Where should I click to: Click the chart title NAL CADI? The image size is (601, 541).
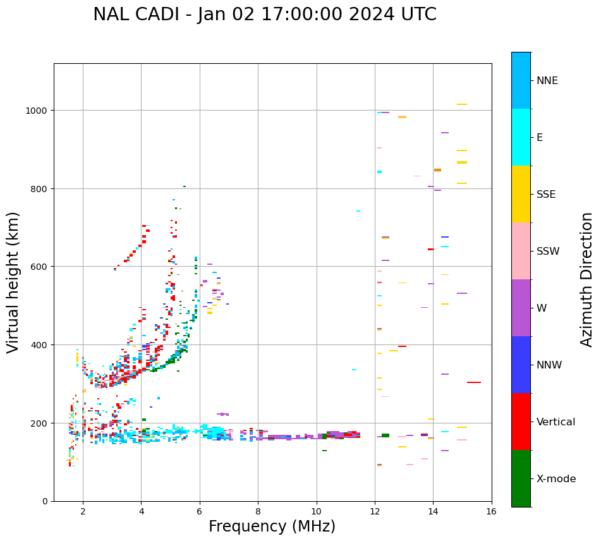pos(264,15)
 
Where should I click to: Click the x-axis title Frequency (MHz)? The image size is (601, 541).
pos(272,526)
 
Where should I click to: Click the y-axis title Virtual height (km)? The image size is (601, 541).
pos(13,282)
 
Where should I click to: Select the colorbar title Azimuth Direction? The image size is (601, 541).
pos(587,279)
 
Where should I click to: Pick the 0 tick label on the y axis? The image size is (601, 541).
pos(46,501)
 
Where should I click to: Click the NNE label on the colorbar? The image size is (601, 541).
pos(547,80)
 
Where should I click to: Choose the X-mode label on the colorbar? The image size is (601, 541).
pos(556,478)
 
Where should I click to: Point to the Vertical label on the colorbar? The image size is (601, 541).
pos(556,422)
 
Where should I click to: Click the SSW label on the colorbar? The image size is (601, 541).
pos(548,251)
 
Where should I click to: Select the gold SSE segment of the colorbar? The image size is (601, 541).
pos(521,194)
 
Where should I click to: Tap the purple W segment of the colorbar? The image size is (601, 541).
pos(521,308)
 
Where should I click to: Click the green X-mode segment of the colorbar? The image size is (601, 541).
pos(521,478)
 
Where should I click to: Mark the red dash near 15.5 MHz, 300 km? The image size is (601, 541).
pos(474,382)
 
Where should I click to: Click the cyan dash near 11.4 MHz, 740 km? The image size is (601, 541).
pos(358,211)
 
